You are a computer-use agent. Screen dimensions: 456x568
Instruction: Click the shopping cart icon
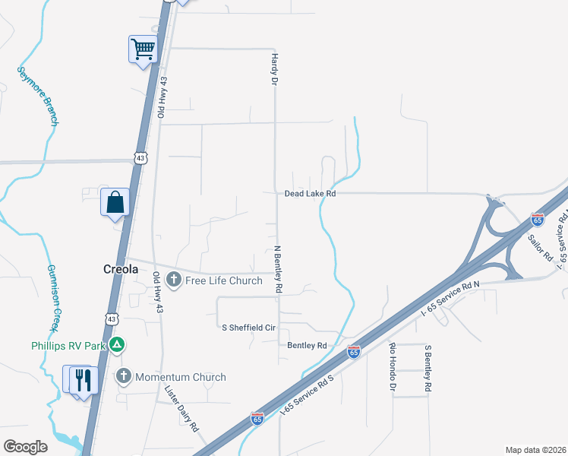pyautogui.click(x=143, y=50)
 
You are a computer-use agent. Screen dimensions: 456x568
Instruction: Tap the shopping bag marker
pyautogui.click(x=115, y=203)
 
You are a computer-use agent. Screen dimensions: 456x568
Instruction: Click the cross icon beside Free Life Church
pyautogui.click(x=173, y=280)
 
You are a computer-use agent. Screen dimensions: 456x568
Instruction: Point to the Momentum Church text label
pyautogui.click(x=180, y=377)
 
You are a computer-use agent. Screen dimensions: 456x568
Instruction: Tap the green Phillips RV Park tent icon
pyautogui.click(x=116, y=346)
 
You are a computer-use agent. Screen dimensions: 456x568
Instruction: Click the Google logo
pyautogui.click(x=25, y=446)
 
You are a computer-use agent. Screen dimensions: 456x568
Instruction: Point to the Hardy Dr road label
pyautogui.click(x=273, y=68)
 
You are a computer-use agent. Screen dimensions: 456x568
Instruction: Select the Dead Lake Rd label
pyautogui.click(x=310, y=194)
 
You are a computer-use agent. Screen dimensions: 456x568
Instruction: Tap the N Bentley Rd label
pyautogui.click(x=277, y=269)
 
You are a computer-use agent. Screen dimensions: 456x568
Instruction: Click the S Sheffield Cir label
pyautogui.click(x=248, y=326)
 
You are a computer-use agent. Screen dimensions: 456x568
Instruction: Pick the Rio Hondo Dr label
pyautogui.click(x=393, y=367)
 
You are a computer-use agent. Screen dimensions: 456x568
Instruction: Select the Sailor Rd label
pyautogui.click(x=541, y=248)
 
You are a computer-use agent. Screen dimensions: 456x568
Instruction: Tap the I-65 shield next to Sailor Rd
pyautogui.click(x=538, y=220)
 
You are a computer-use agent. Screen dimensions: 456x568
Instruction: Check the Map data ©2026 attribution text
pyautogui.click(x=535, y=450)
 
